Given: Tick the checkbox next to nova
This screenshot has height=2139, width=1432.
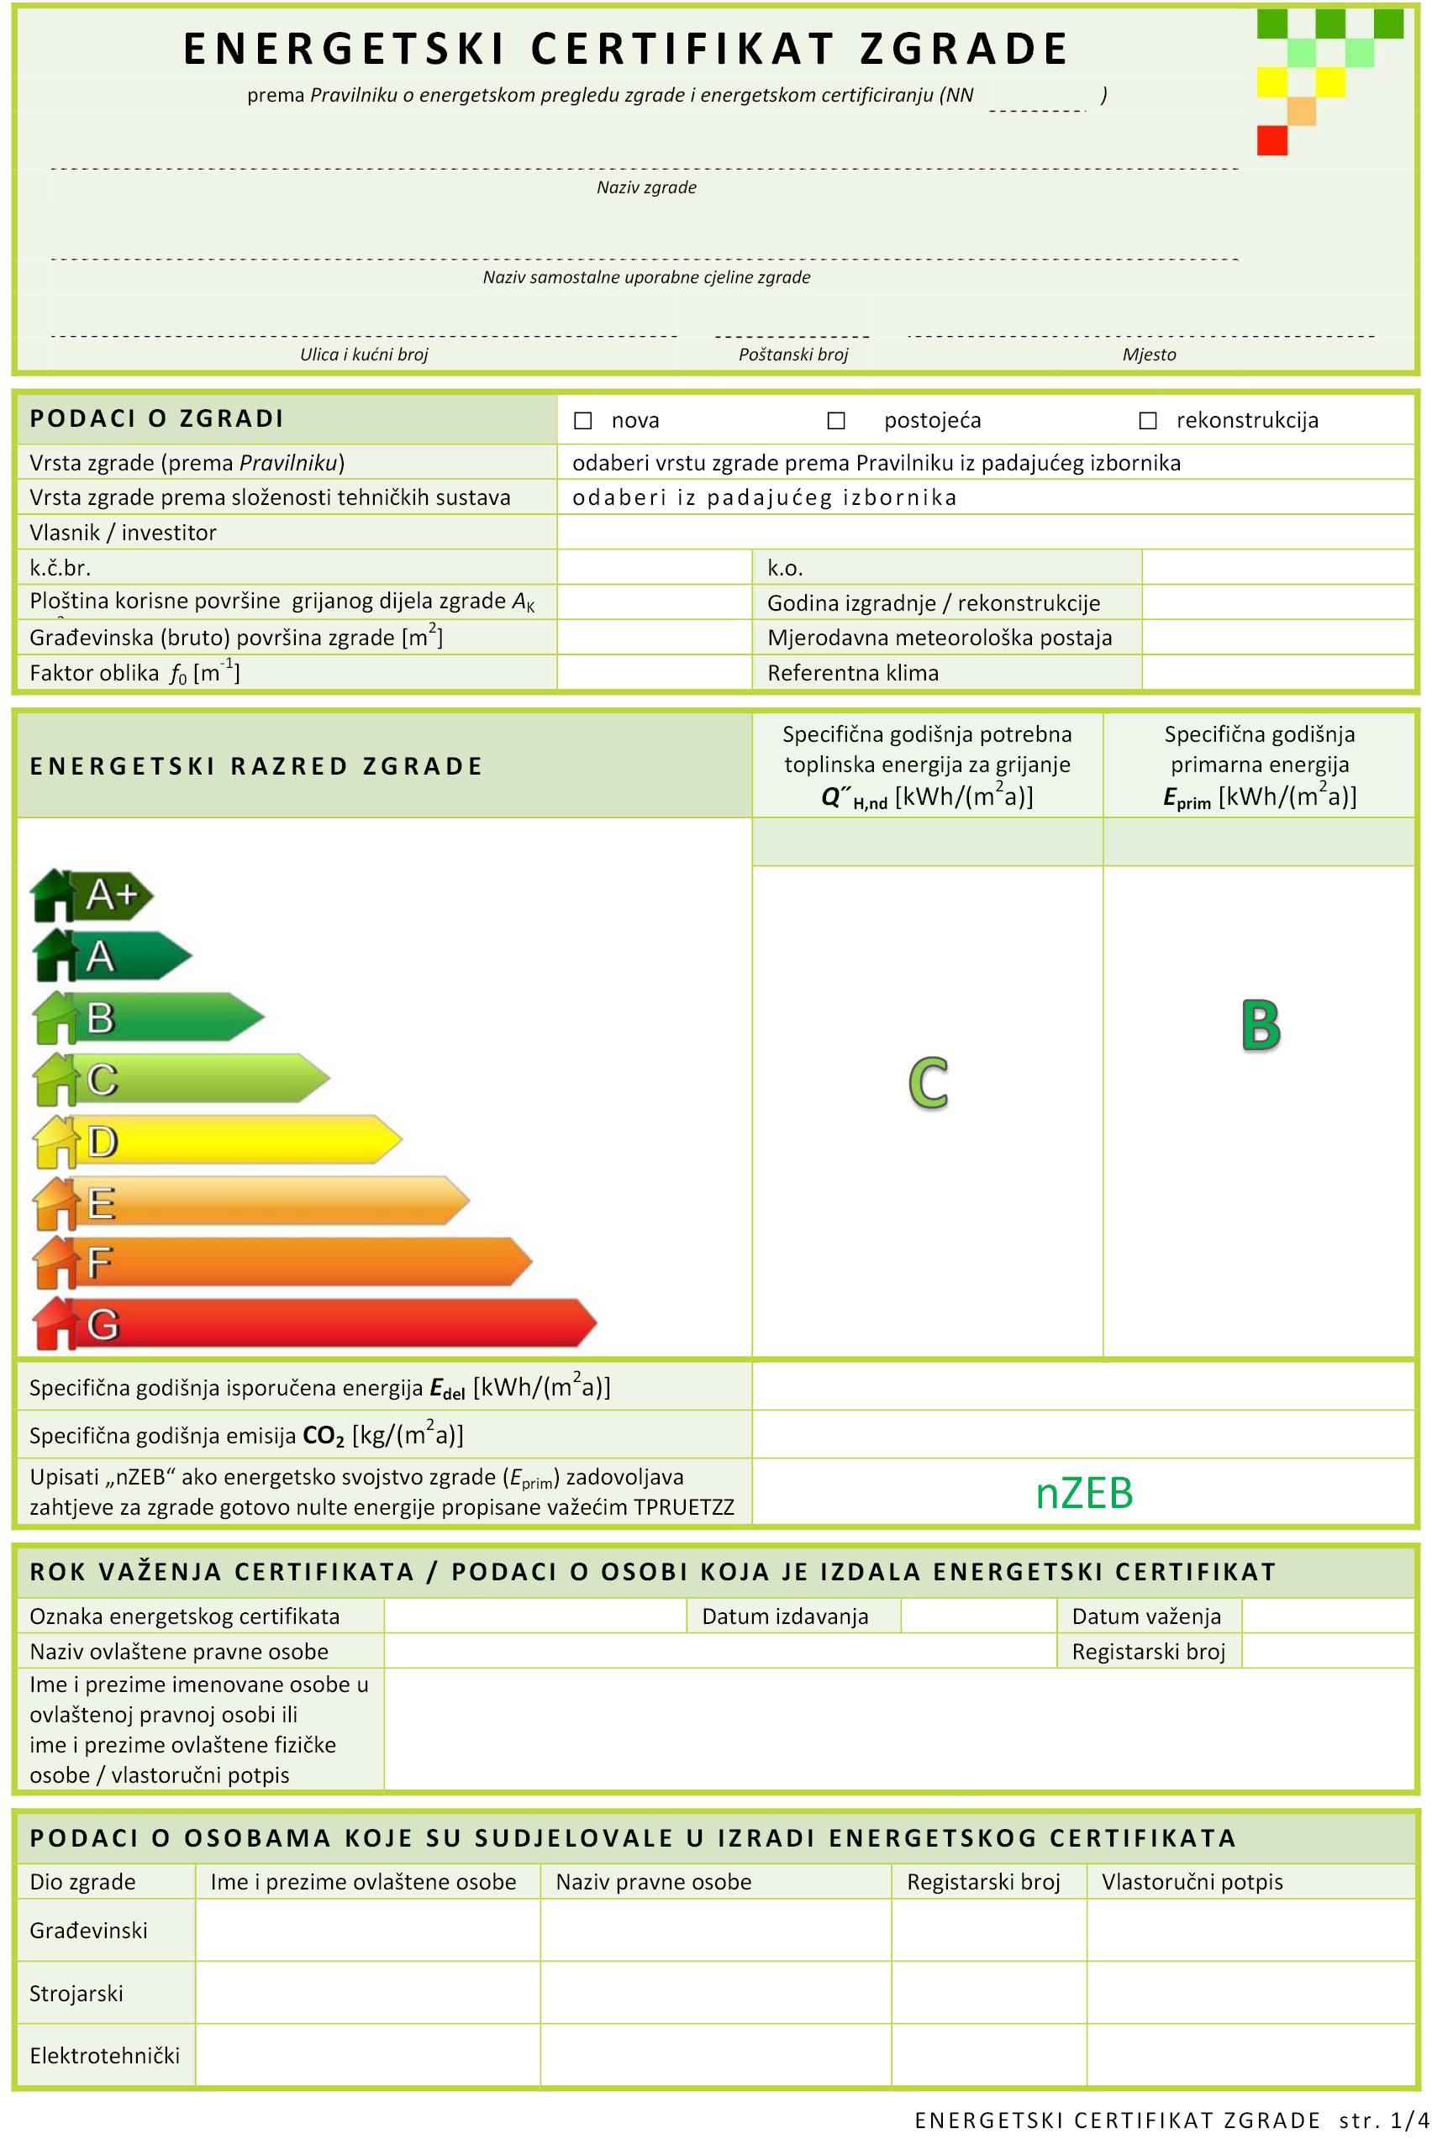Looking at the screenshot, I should tap(582, 420).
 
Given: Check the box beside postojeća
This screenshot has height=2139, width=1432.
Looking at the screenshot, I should tap(835, 420).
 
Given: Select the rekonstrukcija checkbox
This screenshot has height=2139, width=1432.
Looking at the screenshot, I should tap(1148, 420).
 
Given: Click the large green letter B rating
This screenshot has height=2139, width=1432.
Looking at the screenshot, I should tap(1261, 1025).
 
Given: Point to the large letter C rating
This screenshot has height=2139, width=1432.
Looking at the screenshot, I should tap(928, 1083).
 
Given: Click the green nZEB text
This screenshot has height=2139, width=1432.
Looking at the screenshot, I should tap(1084, 1494).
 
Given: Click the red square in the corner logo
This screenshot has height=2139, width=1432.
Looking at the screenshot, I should tap(1271, 140).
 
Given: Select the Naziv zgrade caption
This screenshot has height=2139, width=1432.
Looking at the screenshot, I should tap(646, 187).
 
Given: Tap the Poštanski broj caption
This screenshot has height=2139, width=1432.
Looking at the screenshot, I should tap(792, 355).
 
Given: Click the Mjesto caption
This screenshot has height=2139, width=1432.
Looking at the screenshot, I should tap(1149, 355).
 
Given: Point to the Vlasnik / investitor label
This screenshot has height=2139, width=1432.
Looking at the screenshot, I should tap(124, 533).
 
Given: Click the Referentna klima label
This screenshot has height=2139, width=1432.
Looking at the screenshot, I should tap(853, 673).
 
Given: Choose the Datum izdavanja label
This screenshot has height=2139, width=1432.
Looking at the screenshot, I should tap(785, 1616).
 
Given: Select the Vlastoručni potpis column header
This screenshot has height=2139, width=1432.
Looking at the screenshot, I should tap(1192, 1882).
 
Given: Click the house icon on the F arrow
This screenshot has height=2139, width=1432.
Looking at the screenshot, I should tap(55, 1263).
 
